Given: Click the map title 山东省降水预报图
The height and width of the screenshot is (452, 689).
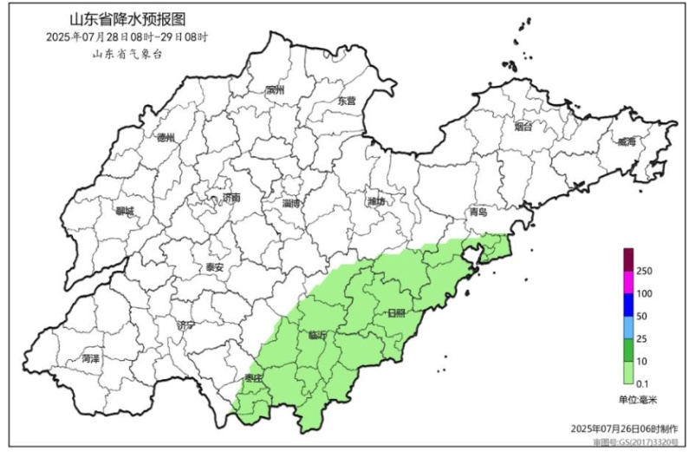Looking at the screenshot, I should [x=128, y=18].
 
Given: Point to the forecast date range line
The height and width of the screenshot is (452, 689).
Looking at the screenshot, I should [x=128, y=37].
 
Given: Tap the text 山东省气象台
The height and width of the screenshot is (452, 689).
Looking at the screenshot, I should [x=127, y=55].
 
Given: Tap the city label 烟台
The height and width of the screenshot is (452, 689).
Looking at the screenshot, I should [x=523, y=127].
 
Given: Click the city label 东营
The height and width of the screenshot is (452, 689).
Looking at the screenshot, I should [x=347, y=101].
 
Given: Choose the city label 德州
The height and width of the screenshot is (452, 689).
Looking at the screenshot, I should [x=166, y=138].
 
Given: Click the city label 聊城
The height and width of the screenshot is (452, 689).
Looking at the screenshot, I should [x=126, y=211].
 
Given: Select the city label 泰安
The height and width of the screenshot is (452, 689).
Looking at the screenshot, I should [x=215, y=267].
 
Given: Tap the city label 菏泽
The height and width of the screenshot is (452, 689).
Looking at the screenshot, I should [x=91, y=357].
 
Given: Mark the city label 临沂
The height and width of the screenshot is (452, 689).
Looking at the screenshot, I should [x=318, y=335].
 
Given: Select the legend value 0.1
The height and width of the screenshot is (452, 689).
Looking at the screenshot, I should [x=643, y=383].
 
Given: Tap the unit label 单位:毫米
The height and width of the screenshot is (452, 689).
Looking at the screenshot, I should [x=639, y=400].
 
